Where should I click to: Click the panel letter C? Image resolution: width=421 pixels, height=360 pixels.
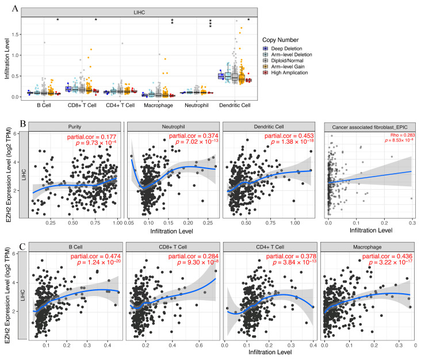click(6, 231)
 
